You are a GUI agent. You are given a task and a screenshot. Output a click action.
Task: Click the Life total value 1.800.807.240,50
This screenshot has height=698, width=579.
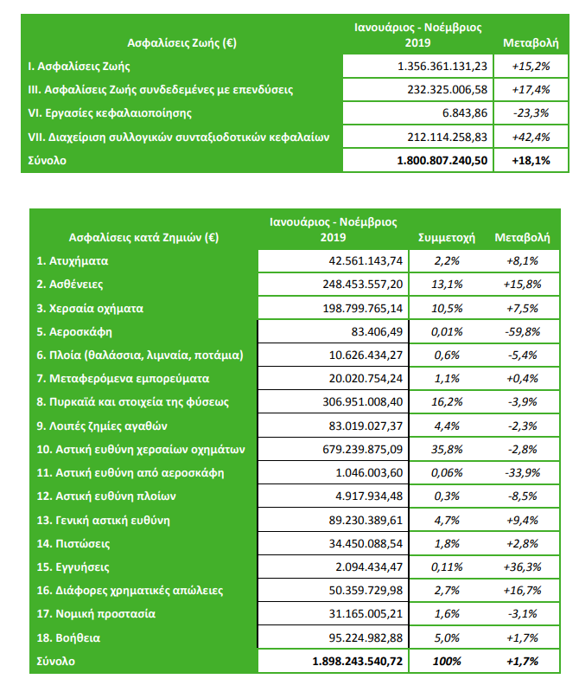pos(442,161)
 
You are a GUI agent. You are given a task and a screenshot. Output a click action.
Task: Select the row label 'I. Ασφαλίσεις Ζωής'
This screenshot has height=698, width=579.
pos(79,66)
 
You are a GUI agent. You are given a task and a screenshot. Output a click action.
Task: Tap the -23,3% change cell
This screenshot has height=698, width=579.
pos(525,113)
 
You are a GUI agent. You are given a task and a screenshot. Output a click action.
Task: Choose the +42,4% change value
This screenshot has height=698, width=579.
pos(525,138)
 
